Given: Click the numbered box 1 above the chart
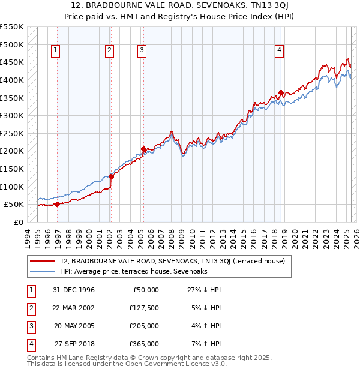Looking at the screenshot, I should click(x=55, y=51).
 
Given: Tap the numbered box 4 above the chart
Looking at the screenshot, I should click(x=280, y=51).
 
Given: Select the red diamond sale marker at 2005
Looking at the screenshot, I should click(x=143, y=149).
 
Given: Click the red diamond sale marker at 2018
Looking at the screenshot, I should click(x=281, y=92).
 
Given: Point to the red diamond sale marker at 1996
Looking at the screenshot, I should click(x=57, y=204).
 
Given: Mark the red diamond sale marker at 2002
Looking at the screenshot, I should click(x=111, y=176).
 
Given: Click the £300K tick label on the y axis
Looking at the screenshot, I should click(x=12, y=115).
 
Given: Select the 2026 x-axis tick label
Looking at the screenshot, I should click(x=355, y=236).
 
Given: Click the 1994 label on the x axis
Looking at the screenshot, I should click(x=28, y=236).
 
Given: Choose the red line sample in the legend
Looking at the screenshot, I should click(x=42, y=261).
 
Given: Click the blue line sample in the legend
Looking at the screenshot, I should click(x=42, y=271).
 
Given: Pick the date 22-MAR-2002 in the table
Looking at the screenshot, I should click(x=74, y=308).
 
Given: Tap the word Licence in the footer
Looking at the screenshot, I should click(x=199, y=364).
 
